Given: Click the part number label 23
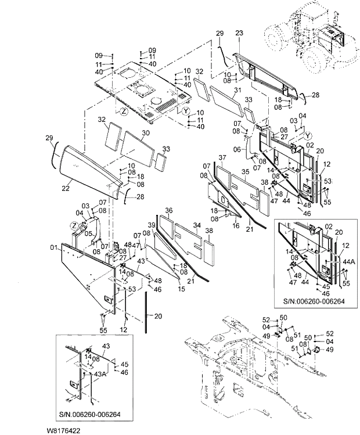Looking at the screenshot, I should coord(239,34).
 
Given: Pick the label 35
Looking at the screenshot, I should coord(245,172).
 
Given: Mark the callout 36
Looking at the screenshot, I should coord(169,210).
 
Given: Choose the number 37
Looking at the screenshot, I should coord(222,157).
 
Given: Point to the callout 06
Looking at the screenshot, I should coord(237,149).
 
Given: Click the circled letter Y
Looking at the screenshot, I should coord(185,111).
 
